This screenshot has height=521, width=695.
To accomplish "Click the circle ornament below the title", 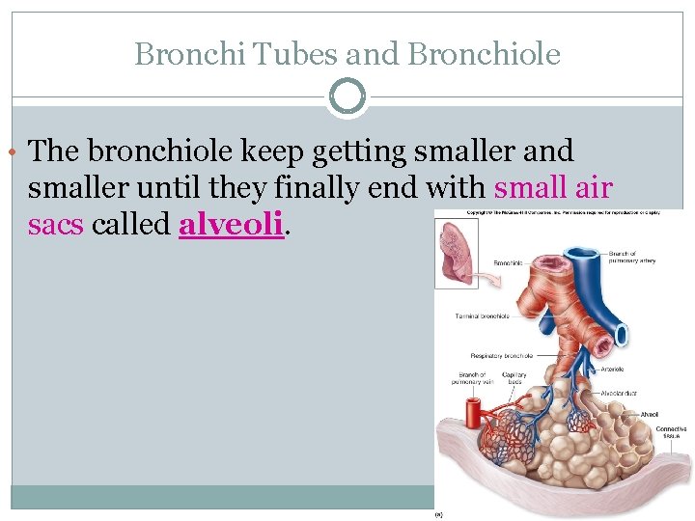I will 347,97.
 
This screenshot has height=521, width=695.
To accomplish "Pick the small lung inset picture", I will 452,251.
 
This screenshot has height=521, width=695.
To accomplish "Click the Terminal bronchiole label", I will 483,315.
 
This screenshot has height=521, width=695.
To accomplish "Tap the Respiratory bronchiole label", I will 502,356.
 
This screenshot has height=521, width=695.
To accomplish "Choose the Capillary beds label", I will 514,378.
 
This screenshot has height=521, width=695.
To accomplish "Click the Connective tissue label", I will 671,432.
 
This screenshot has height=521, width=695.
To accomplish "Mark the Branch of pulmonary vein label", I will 472,378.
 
